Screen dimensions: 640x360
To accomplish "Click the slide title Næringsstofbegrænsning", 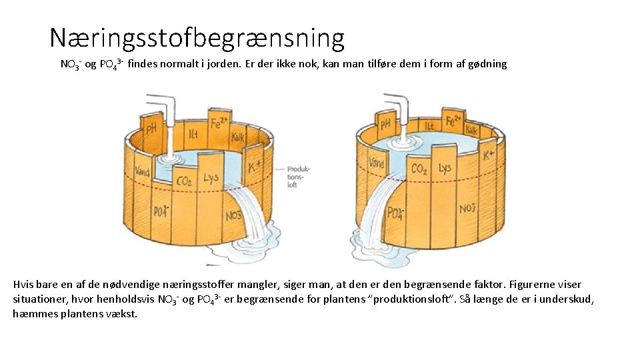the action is click(x=197, y=39).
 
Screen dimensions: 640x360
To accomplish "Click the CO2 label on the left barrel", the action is click(x=185, y=181).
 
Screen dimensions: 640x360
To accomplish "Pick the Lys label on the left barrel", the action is click(x=211, y=179).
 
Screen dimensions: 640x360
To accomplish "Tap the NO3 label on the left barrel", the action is click(x=233, y=215).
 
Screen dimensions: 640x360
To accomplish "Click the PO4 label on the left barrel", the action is click(x=161, y=211).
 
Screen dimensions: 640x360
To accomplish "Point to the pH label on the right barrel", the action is click(x=385, y=124).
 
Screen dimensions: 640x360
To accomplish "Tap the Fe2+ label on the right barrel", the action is click(x=452, y=121).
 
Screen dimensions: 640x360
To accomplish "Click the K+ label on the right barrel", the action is click(x=488, y=156).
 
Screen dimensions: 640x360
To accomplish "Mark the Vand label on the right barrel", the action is click(x=376, y=162).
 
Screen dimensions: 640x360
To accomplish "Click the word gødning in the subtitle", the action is click(x=487, y=65).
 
